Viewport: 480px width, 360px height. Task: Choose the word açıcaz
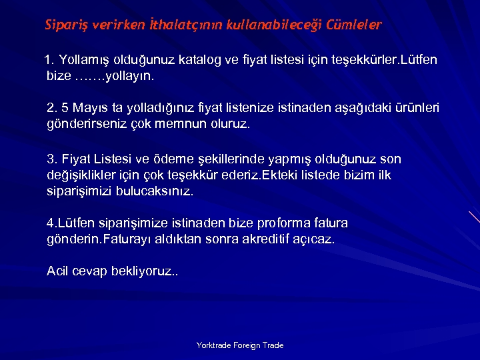coord(313,239)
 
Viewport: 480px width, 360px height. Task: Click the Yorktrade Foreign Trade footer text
coord(240,345)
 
